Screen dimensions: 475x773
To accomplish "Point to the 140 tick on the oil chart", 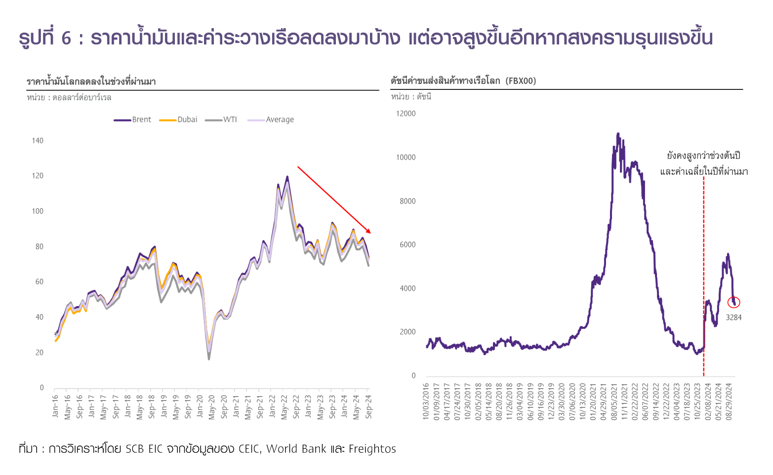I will pyautogui.click(x=38, y=141).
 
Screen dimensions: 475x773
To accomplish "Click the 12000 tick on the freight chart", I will pyautogui.click(x=406, y=114).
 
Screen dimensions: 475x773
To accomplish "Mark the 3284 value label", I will pyautogui.click(x=733, y=317).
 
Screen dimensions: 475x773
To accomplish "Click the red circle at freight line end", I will pyautogui.click(x=733, y=302).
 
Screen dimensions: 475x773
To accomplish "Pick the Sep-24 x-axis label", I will pyautogui.click(x=368, y=406).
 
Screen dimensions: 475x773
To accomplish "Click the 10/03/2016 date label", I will pyautogui.click(x=426, y=401).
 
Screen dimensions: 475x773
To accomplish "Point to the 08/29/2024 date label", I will pyautogui.click(x=730, y=401).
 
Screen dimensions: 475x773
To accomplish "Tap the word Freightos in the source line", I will pyautogui.click(x=372, y=449).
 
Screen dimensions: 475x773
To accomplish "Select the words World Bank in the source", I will pyautogui.click(x=296, y=449).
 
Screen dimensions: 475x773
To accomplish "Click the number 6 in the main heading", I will pyautogui.click(x=66, y=39).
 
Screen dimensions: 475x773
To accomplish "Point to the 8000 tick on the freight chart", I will pyautogui.click(x=407, y=201).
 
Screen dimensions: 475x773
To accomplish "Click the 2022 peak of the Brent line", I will pyautogui.click(x=287, y=177).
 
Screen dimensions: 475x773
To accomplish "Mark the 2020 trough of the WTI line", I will pyautogui.click(x=209, y=358).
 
